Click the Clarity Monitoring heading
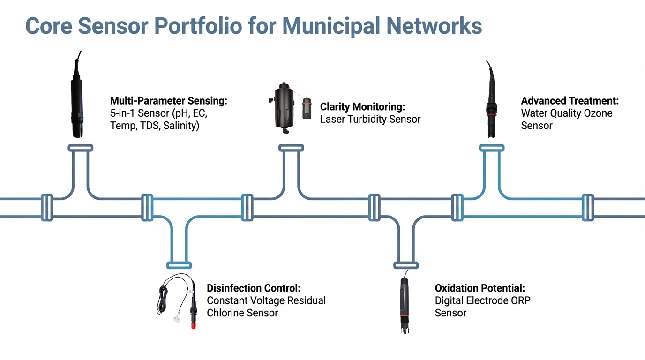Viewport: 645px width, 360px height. [362, 107]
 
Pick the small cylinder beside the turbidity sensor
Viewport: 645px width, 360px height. [307, 108]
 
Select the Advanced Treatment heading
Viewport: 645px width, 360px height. [570, 101]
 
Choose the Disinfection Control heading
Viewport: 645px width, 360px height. [254, 288]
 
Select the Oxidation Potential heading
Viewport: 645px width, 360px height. [480, 288]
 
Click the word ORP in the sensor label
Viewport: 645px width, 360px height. [520, 300]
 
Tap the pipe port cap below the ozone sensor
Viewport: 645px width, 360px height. [491, 148]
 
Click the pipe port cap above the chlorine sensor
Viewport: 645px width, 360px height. [179, 265]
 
